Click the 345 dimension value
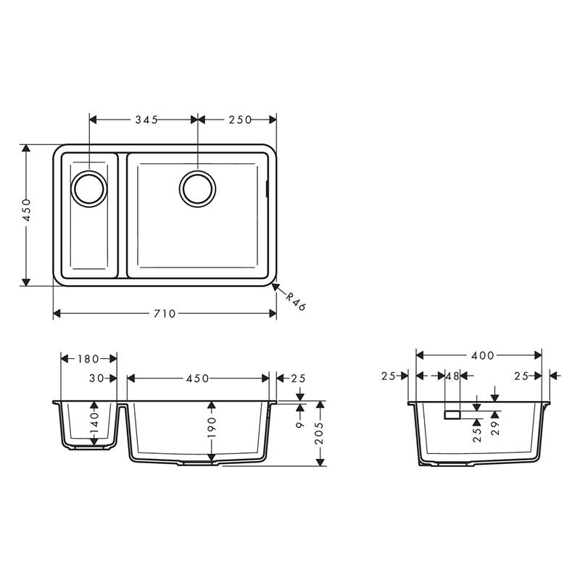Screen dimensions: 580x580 pos(146,120)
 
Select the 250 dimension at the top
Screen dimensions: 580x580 pos(240,120)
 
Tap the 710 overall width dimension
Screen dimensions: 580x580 pos(165,314)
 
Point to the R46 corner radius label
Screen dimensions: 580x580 pos(296,302)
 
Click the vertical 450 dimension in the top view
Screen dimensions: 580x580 pos(27,210)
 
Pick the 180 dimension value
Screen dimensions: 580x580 pos(88,359)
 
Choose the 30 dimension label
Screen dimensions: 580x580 pos(96,378)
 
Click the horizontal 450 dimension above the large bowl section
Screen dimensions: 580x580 pos(198,378)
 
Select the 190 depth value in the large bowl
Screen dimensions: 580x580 pos(212,427)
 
